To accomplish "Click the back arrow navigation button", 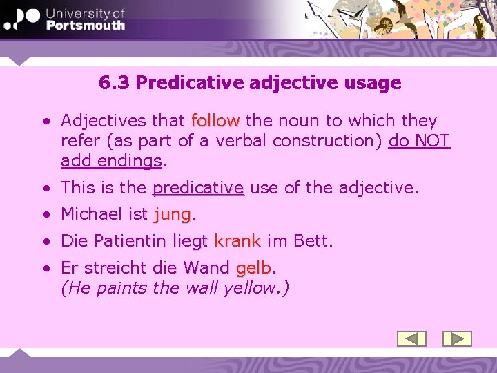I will click(412, 338).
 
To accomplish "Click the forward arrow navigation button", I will click(456, 338).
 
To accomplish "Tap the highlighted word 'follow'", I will click(215, 121).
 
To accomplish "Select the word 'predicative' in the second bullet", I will click(198, 187).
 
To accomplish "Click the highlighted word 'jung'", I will click(172, 215).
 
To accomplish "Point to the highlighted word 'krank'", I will click(237, 241).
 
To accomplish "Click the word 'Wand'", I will click(207, 267).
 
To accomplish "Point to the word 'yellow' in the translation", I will click(249, 287).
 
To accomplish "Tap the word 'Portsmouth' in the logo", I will click(86, 26).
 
